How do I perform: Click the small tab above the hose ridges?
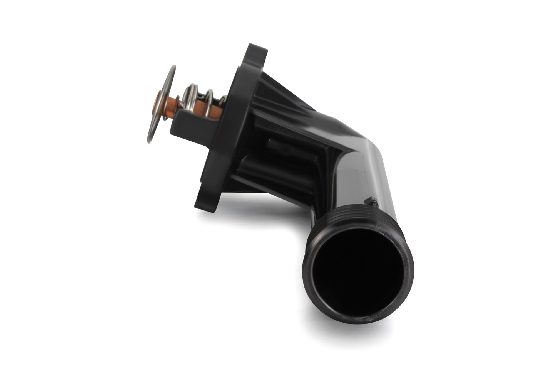372,201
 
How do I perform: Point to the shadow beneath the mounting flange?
250,212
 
